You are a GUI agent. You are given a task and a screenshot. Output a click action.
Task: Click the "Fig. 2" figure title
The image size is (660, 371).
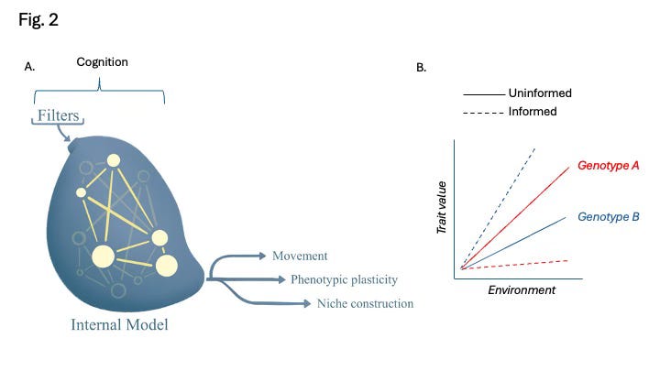coord(38,20)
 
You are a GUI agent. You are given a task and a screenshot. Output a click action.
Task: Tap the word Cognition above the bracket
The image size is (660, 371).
coord(102,62)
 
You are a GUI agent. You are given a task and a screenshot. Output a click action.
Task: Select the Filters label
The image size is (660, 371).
coord(59,116)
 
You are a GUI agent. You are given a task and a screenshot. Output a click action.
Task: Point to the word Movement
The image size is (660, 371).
coord(299,256)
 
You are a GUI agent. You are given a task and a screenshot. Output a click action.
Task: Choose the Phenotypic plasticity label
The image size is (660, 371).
coord(344,279)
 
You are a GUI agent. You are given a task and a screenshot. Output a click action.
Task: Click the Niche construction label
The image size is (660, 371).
coord(365,303)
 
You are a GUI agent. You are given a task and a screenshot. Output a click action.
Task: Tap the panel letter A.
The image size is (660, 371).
coord(30,67)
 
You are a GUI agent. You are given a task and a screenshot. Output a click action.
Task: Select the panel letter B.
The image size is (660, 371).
coord(422,67)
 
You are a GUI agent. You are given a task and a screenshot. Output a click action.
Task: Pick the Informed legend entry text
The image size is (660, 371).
coord(532,111)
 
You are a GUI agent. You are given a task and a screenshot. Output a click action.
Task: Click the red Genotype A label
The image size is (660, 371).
coord(608,166)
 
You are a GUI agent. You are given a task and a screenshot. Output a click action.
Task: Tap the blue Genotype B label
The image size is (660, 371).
coord(608,217)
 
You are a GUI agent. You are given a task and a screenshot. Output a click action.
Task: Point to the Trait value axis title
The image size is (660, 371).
coord(441,211)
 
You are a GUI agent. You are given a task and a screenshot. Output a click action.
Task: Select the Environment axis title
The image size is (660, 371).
coord(522,289)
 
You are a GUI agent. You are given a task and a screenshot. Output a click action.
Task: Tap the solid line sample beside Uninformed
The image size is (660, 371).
coord(483,93)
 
